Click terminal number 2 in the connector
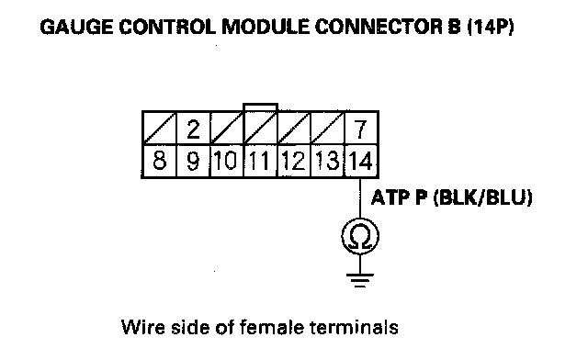click(193, 129)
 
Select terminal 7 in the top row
click(360, 129)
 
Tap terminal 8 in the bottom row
click(159, 160)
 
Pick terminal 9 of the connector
click(193, 160)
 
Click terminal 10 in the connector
click(226, 160)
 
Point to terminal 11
click(260, 160)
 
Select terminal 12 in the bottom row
click(294, 160)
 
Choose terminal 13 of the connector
click(327, 160)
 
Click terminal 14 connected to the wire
click(360, 160)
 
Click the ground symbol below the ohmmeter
click(360, 280)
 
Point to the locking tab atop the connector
click(260, 107)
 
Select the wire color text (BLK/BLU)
click(483, 197)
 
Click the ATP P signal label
click(400, 197)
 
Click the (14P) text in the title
click(490, 28)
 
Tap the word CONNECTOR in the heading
click(378, 28)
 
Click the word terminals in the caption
click(354, 327)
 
